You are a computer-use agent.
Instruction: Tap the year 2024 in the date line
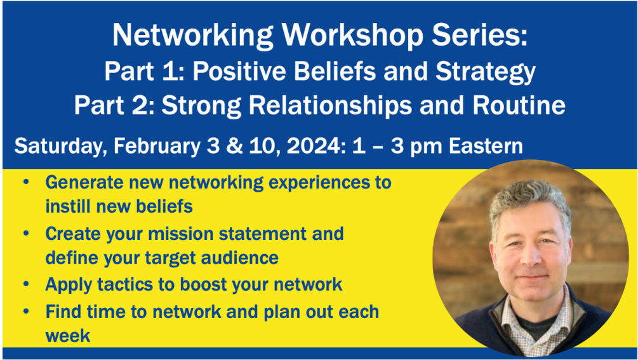point(312,145)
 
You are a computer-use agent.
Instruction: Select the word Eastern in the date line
point(486,145)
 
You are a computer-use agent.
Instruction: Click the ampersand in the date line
point(233,146)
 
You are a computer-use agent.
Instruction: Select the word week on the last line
point(67,336)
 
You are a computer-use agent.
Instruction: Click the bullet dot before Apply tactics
point(27,284)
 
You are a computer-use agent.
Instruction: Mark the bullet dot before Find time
point(27,312)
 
